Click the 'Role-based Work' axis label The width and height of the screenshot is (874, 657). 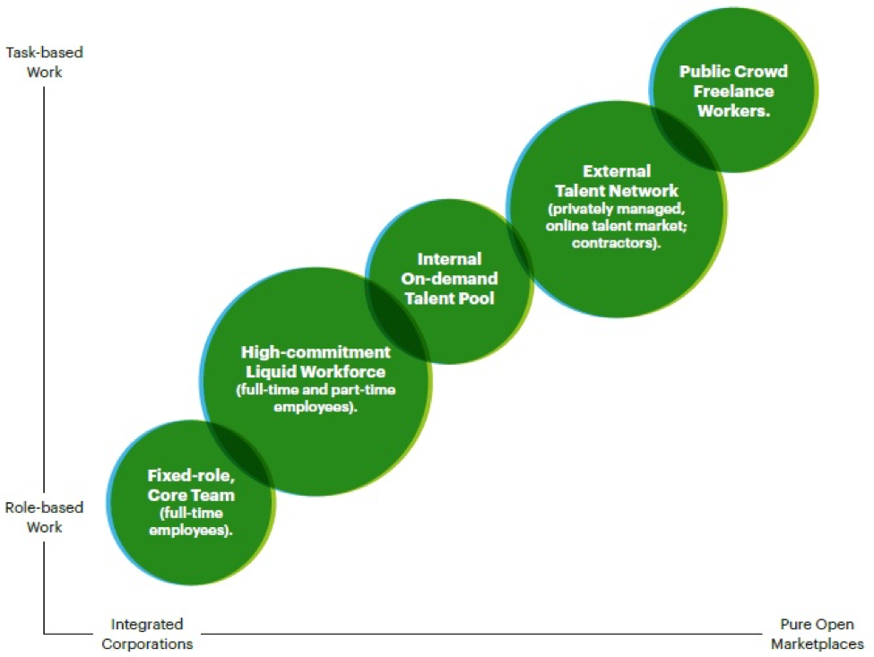pyautogui.click(x=44, y=517)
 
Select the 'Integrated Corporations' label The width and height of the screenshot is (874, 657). pyautogui.click(x=146, y=633)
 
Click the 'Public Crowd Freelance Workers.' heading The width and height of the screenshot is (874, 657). pyautogui.click(x=726, y=91)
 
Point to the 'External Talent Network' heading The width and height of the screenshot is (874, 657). pyautogui.click(x=616, y=180)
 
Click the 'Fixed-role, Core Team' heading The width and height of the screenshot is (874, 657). pyautogui.click(x=191, y=486)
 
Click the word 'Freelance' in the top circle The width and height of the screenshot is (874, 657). pyautogui.click(x=726, y=91)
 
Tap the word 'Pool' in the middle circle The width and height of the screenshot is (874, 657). pyautogui.click(x=476, y=298)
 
